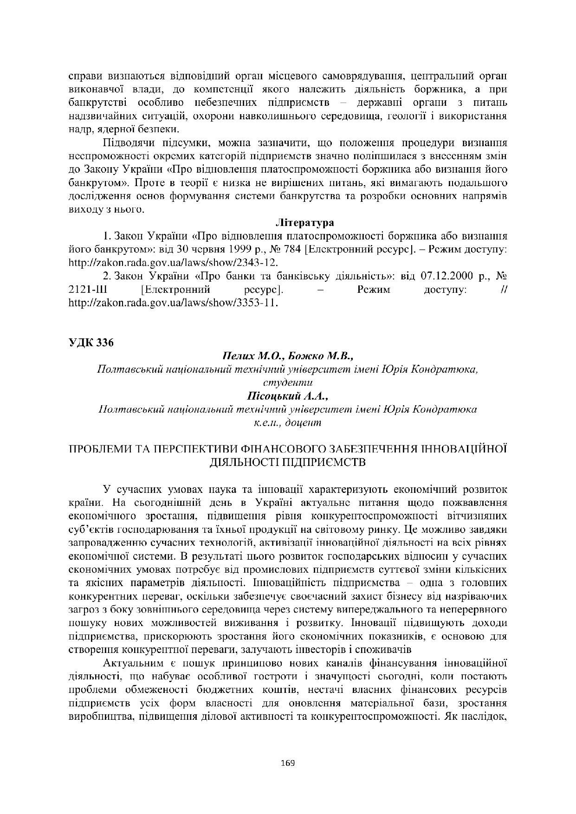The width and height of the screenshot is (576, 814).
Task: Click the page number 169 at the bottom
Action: pyautogui.click(x=288, y=762)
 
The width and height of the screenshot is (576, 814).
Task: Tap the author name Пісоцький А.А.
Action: pyautogui.click(x=287, y=396)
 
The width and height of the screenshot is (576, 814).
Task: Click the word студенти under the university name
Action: pyautogui.click(x=287, y=383)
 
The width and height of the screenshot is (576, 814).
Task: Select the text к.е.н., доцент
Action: pyautogui.click(x=287, y=422)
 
